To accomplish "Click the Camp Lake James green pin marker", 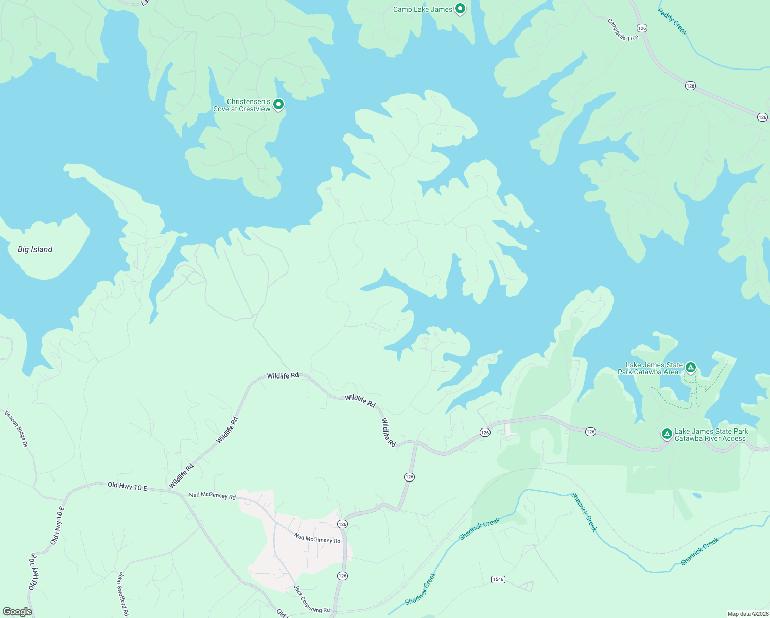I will pyautogui.click(x=460, y=8).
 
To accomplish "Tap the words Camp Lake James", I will pyautogui.click(x=423, y=9).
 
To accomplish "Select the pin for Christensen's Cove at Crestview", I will pyautogui.click(x=278, y=104).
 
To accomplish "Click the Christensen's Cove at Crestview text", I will pyautogui.click(x=242, y=105).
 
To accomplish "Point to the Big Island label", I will pyautogui.click(x=35, y=249).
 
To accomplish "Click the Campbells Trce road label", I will pyautogui.click(x=623, y=29).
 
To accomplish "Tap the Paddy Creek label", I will pyautogui.click(x=672, y=22).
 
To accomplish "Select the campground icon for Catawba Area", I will pyautogui.click(x=691, y=367).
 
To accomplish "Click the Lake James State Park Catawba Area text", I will pyautogui.click(x=651, y=368).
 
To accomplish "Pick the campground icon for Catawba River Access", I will pyautogui.click(x=667, y=434).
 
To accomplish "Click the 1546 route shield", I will pyautogui.click(x=498, y=579).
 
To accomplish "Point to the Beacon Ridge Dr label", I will pyautogui.click(x=16, y=428).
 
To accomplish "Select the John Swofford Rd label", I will pyautogui.click(x=123, y=594).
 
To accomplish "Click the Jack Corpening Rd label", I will pyautogui.click(x=311, y=599).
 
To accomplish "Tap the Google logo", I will pyautogui.click(x=17, y=611).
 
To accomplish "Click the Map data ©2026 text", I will pyautogui.click(x=747, y=614).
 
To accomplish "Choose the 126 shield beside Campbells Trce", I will pyautogui.click(x=641, y=28).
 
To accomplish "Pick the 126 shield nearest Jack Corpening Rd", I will pyautogui.click(x=343, y=575).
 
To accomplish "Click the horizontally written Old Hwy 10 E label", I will pyautogui.click(x=127, y=486).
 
